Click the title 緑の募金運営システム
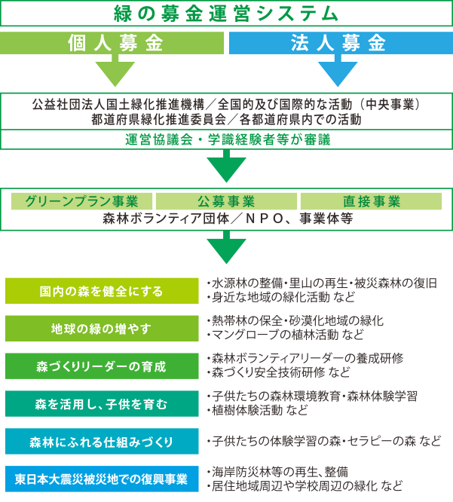225,14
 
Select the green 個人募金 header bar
112,43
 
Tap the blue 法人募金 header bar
341,43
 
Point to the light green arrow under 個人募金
115,70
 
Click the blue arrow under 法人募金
338,70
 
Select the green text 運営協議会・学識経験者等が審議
228,140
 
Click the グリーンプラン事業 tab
81,201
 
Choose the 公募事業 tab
226,201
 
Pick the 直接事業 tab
371,201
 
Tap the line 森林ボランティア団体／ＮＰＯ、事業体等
228,219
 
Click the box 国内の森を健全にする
102,291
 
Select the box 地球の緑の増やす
102,329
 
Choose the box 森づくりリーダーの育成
102,366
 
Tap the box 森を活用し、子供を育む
102,404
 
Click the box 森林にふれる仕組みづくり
102,442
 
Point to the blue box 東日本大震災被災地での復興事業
102,479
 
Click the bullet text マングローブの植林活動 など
286,335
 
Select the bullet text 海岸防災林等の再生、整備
277,472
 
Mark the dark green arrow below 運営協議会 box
226,166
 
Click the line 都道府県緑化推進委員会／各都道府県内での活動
226,119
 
